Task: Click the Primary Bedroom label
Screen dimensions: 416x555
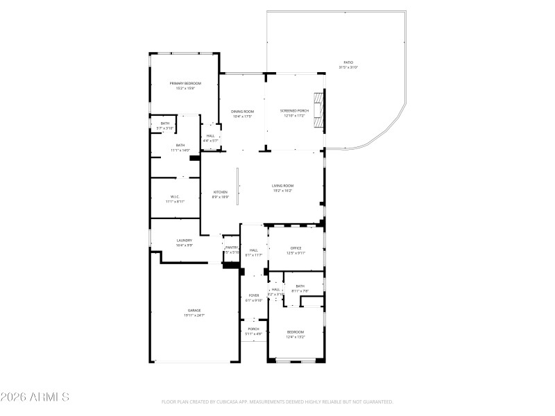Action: coord(185,83)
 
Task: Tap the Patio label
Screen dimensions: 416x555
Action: coord(348,63)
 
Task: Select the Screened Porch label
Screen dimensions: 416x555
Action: coord(294,111)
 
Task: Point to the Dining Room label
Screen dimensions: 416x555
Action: coord(242,112)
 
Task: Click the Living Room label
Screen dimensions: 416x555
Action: coord(282,186)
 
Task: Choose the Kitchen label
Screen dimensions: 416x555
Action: coord(220,192)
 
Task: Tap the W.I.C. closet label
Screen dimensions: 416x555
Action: coord(176,196)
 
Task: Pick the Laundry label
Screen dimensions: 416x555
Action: coord(184,241)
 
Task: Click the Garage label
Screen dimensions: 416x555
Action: coord(194,310)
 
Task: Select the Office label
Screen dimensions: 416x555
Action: coord(296,248)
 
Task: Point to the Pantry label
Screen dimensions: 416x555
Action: coord(232,248)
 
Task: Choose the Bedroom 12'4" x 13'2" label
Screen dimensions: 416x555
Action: coord(296,332)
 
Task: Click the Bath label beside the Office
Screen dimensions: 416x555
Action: coord(300,286)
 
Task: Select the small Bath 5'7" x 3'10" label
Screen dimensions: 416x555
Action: coord(164,123)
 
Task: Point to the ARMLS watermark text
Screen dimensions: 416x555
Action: coord(35,397)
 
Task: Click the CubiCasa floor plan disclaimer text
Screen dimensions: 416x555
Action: coord(277,401)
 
